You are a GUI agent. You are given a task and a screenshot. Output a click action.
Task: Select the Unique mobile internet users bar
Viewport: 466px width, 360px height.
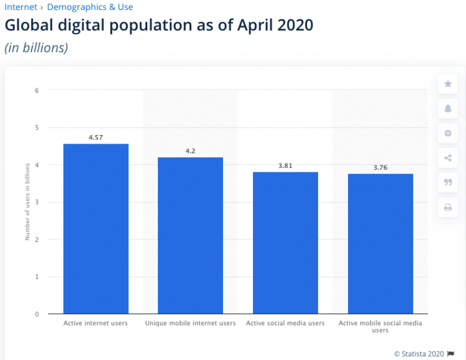point(190,236)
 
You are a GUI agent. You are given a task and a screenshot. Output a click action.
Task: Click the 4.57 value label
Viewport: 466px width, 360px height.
point(96,137)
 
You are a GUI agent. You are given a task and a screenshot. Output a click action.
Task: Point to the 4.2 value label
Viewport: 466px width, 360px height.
point(190,150)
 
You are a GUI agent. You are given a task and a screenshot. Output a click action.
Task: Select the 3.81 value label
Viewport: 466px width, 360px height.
point(285,165)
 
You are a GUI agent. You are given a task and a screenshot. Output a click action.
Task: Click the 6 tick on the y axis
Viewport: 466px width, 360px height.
point(37,90)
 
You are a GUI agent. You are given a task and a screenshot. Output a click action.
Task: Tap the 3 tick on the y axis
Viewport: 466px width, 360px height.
point(37,202)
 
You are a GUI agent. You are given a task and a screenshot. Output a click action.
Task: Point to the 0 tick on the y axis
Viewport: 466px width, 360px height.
point(37,314)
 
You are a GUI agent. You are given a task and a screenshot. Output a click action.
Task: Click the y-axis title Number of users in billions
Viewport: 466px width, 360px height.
point(27,202)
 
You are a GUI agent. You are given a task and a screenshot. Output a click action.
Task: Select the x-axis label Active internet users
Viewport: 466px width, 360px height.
point(96,323)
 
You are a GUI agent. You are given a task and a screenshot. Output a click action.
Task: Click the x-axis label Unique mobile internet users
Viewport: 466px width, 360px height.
point(190,323)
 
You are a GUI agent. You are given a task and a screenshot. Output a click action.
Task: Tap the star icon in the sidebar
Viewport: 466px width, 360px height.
point(447,84)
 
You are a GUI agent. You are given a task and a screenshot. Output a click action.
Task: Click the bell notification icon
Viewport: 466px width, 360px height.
point(447,109)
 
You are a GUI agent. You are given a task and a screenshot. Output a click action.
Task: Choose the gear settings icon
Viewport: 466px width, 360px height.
point(447,133)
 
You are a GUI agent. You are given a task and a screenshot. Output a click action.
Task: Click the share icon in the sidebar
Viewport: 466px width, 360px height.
point(447,158)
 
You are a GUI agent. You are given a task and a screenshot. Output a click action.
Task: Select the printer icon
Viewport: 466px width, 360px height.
point(447,208)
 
